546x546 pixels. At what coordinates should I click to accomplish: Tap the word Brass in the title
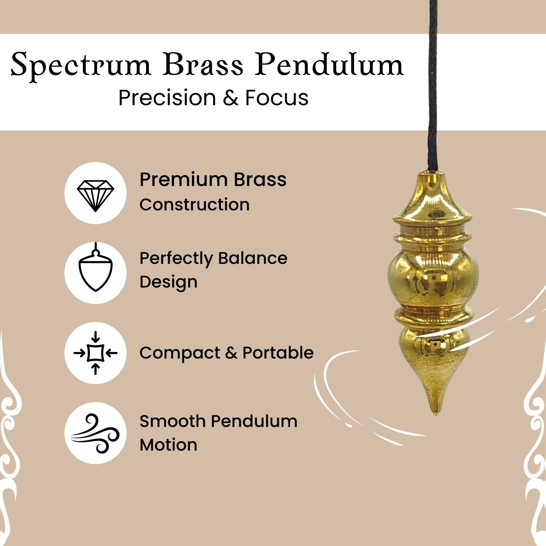pos(203,65)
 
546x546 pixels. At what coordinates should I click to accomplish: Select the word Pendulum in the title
pos(329,65)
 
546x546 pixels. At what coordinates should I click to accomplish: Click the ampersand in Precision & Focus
pos(230,98)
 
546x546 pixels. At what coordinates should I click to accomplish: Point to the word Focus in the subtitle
pos(277,98)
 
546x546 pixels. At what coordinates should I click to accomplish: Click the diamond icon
pos(95,195)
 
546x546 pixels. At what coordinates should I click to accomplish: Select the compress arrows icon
pos(95,353)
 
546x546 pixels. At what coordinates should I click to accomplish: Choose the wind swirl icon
pos(95,433)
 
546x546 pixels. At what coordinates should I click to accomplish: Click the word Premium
pos(183,179)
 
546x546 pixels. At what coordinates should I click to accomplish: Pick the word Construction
pos(195,205)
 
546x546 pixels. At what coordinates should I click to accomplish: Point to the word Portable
pos(278,353)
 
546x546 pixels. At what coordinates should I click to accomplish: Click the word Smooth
pos(173,421)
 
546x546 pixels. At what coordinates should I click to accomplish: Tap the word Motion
pos(169,445)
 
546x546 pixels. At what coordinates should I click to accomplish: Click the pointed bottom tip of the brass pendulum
pos(435,415)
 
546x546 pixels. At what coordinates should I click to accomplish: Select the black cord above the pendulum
pos(433,86)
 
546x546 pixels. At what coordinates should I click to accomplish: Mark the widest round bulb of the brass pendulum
pos(433,278)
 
